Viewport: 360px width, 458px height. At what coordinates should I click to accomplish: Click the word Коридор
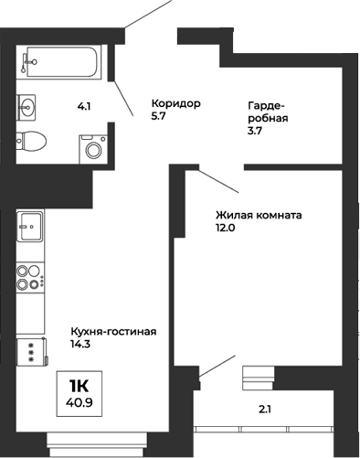coord(175,102)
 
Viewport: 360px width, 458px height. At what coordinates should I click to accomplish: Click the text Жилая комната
coord(259,216)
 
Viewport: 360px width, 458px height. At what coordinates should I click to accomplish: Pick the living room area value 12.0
coord(226,229)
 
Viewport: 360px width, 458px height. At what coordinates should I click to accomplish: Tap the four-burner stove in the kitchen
coord(30,277)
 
